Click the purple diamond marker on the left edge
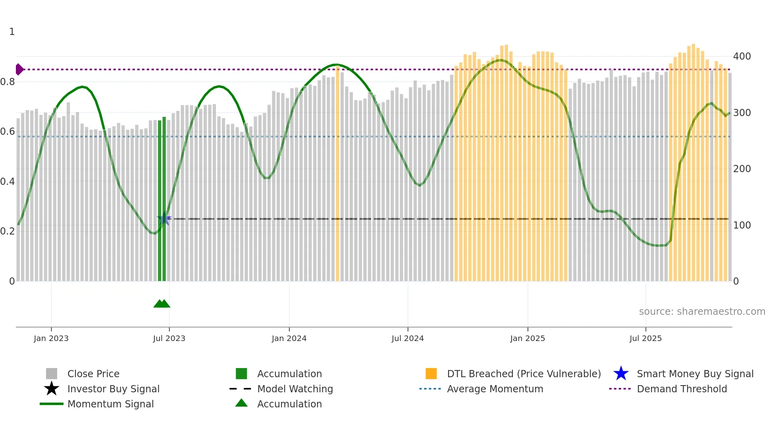coord(19,69)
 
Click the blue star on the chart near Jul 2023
coord(164,219)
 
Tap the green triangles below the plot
coord(162,304)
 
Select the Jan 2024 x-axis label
coord(289,338)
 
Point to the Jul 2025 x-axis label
coord(645,338)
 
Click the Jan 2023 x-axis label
coord(51,338)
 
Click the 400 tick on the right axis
coord(741,56)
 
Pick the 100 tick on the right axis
coord(741,225)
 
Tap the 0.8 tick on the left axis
coord(8,82)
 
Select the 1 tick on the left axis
coord(12,32)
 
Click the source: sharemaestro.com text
coord(702,311)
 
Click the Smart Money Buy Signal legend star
coord(621,374)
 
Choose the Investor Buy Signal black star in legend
coord(52,389)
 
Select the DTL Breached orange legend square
coord(431,374)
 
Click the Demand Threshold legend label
coord(682,389)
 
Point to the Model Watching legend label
coord(295,389)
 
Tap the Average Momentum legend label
coord(495,389)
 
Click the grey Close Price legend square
coord(52,374)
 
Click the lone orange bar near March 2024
coord(338,175)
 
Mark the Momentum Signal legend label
coord(110,404)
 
